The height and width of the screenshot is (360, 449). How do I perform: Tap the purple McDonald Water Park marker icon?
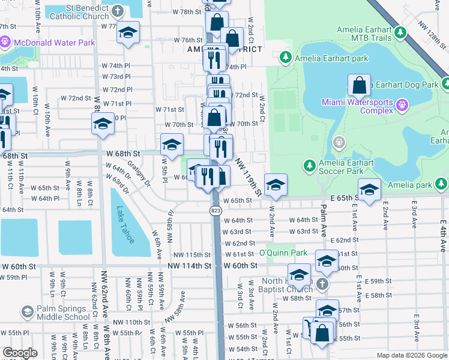coord(5,43)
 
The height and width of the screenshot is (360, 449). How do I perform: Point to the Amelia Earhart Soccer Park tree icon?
coord(309,164)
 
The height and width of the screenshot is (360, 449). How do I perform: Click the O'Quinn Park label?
coord(283,253)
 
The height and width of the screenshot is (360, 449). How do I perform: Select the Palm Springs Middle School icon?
coord(27,311)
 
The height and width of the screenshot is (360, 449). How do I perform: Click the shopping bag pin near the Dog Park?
coord(359,85)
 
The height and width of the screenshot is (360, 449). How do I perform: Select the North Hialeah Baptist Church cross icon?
coord(322,284)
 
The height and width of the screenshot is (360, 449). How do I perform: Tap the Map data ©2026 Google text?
coord(411,355)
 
